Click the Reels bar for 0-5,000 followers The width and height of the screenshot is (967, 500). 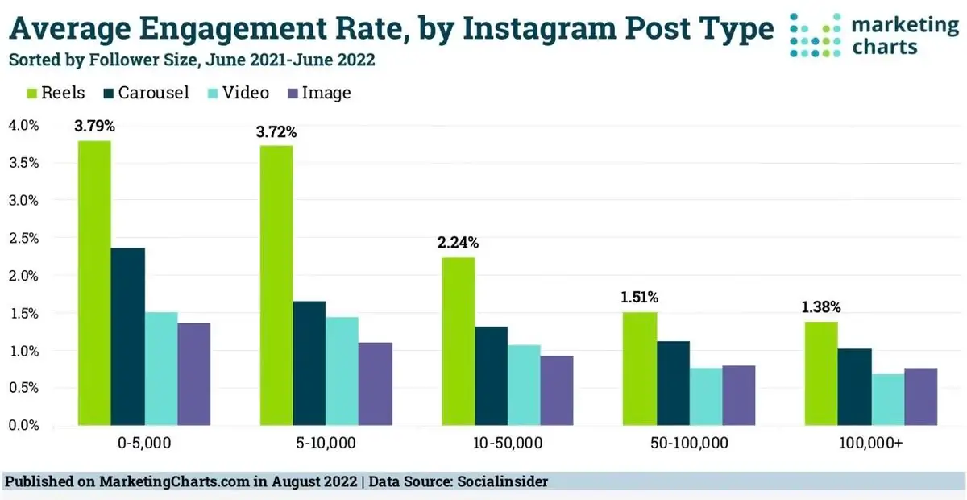pos(94,283)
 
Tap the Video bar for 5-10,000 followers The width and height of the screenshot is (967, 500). pos(342,371)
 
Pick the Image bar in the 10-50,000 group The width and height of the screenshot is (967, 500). pos(557,390)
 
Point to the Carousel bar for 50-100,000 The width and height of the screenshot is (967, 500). pos(673,383)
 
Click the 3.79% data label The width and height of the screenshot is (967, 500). pos(94,127)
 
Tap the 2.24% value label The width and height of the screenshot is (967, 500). pos(459,243)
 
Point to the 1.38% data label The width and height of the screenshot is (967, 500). pos(821,307)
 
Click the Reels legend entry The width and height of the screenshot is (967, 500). pos(56,94)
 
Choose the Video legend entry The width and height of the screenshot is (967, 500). pos(237,94)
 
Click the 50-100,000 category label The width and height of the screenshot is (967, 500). pos(689,444)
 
